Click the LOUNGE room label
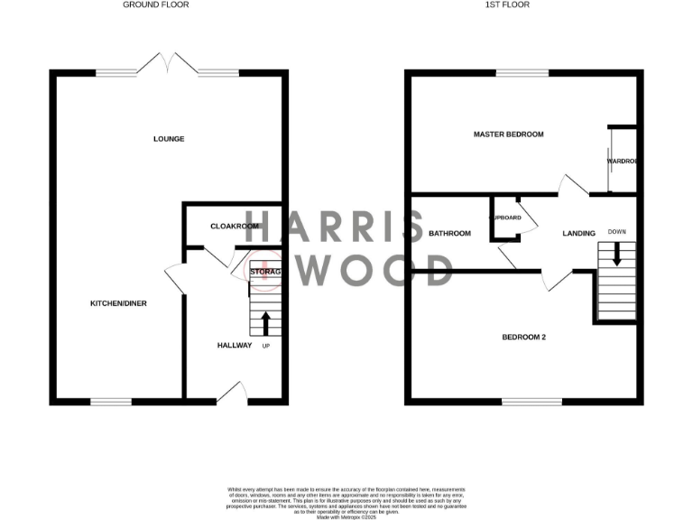169,139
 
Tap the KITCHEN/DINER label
118,303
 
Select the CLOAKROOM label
234,227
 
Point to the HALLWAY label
235,346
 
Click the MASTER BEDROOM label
509,135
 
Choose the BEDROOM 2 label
524,338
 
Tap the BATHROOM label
449,234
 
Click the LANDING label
578,234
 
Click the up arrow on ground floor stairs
265,323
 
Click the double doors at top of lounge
168,63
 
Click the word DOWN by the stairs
617,231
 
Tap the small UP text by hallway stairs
265,347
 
